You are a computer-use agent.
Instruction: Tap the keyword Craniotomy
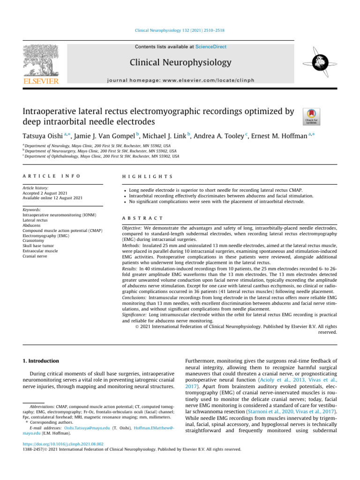(x=33, y=239)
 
